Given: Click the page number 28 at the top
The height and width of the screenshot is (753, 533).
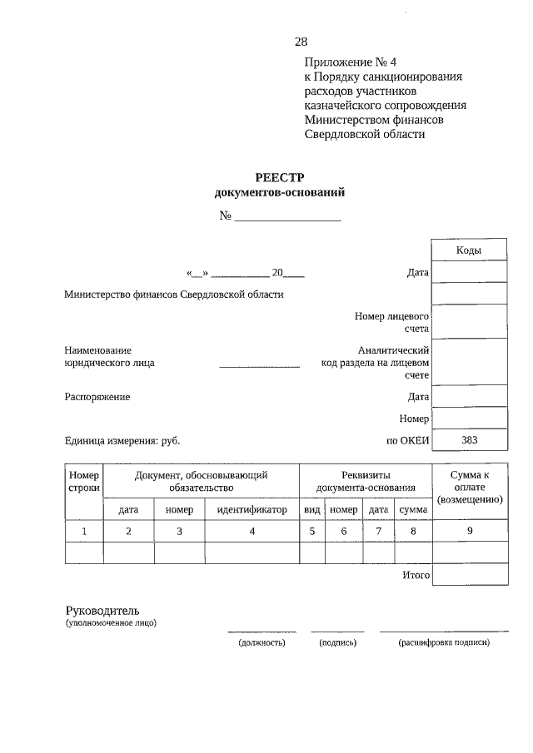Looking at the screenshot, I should [301, 42].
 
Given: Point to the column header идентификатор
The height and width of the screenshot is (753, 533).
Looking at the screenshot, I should [252, 509].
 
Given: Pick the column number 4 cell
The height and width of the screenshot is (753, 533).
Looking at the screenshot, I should [252, 530].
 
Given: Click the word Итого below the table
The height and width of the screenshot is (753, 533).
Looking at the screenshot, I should [415, 575].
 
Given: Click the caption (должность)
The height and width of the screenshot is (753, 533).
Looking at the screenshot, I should [262, 642].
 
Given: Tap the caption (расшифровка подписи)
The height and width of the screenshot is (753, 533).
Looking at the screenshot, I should [444, 642].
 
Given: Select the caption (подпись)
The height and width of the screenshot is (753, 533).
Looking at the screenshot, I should [337, 642].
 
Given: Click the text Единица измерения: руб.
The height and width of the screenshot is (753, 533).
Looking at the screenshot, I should [122, 441].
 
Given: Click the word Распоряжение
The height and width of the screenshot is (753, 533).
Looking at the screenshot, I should [97, 397].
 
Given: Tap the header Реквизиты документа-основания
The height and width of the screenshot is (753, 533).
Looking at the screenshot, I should [366, 481].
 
